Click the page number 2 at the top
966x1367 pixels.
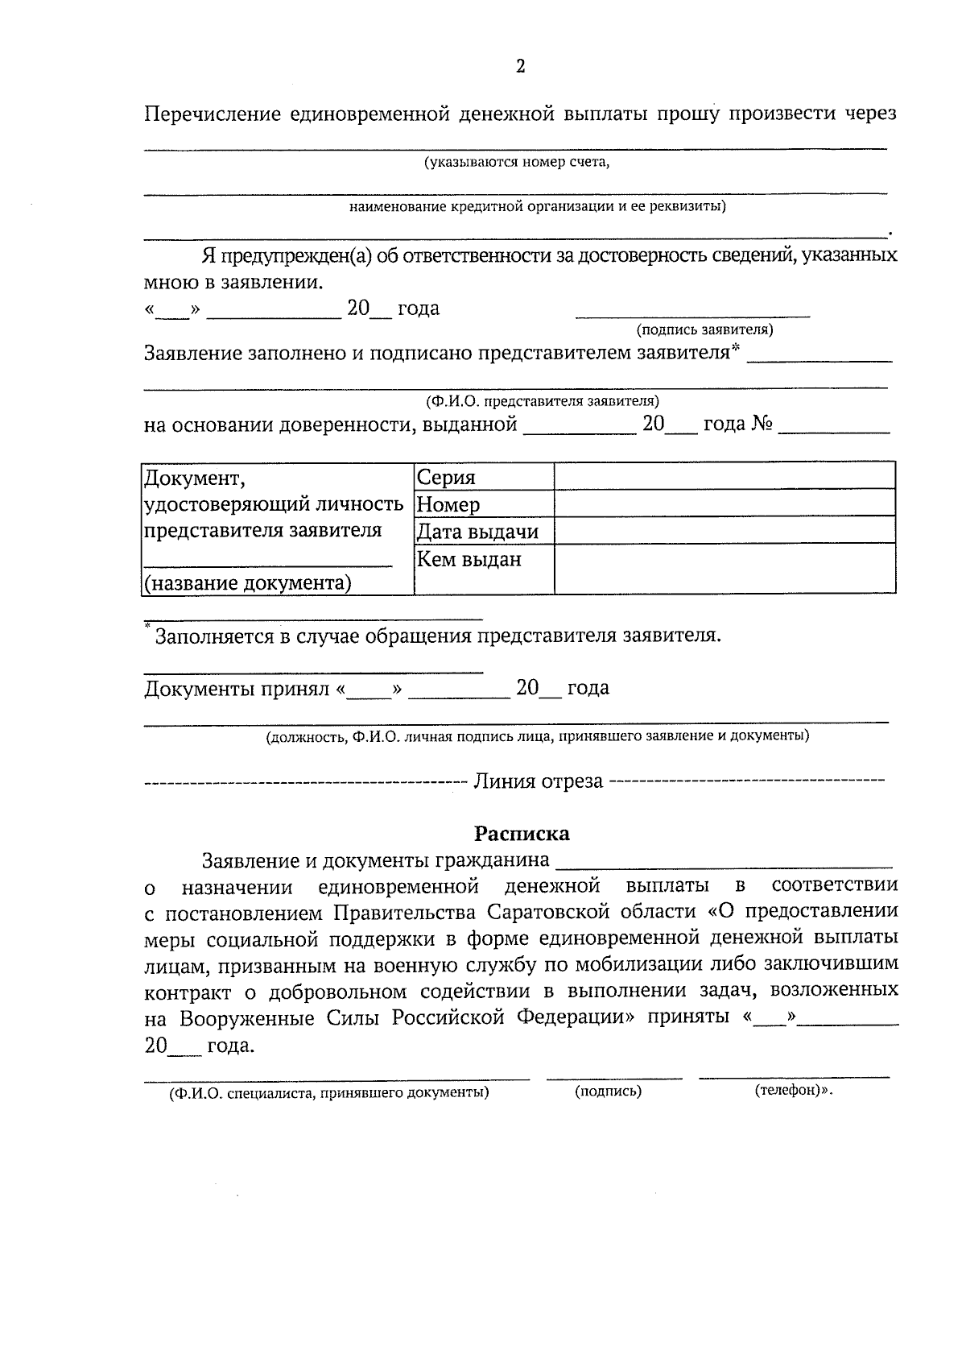(x=520, y=66)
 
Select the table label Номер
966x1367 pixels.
(x=448, y=504)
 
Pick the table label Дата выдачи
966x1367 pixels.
(x=477, y=532)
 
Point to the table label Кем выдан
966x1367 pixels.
(x=469, y=558)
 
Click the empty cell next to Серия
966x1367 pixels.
(x=724, y=476)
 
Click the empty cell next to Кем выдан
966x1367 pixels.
(x=724, y=569)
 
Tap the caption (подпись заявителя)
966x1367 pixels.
(x=704, y=329)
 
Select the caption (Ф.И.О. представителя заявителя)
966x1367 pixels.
(x=543, y=400)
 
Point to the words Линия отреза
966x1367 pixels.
(x=538, y=781)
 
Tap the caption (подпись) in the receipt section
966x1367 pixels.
(x=609, y=1092)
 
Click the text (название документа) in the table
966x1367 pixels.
(x=247, y=582)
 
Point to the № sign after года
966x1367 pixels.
(x=762, y=424)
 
